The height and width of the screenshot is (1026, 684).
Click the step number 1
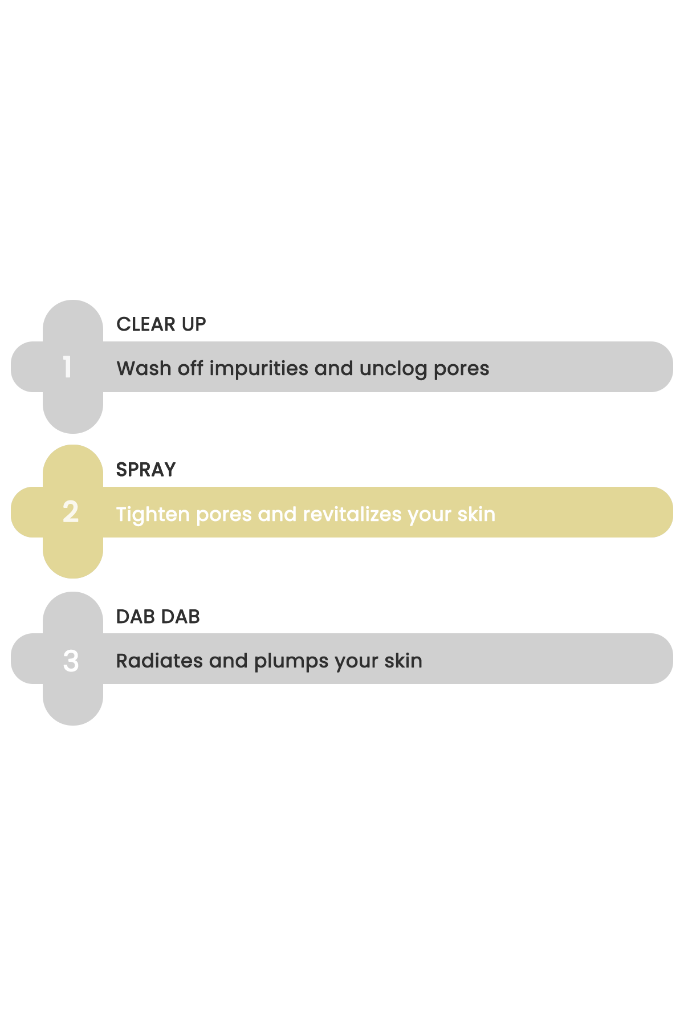tap(67, 367)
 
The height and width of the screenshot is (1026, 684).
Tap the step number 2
tap(71, 512)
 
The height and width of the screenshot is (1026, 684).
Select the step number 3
tap(71, 661)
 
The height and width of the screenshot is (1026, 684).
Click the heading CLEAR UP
tap(161, 324)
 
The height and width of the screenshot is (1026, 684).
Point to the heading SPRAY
tap(146, 470)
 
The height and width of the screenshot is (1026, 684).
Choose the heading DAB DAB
tap(158, 617)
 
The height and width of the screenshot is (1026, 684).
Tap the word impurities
tap(259, 369)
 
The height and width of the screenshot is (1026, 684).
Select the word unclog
tap(393, 369)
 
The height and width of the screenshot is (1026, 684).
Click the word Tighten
tap(153, 515)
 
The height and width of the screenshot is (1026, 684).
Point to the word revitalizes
tap(352, 514)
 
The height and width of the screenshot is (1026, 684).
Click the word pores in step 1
tap(462, 370)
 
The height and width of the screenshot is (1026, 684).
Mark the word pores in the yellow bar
tap(224, 516)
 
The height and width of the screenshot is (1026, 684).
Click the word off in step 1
tap(190, 368)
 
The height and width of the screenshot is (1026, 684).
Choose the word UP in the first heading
tap(194, 324)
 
